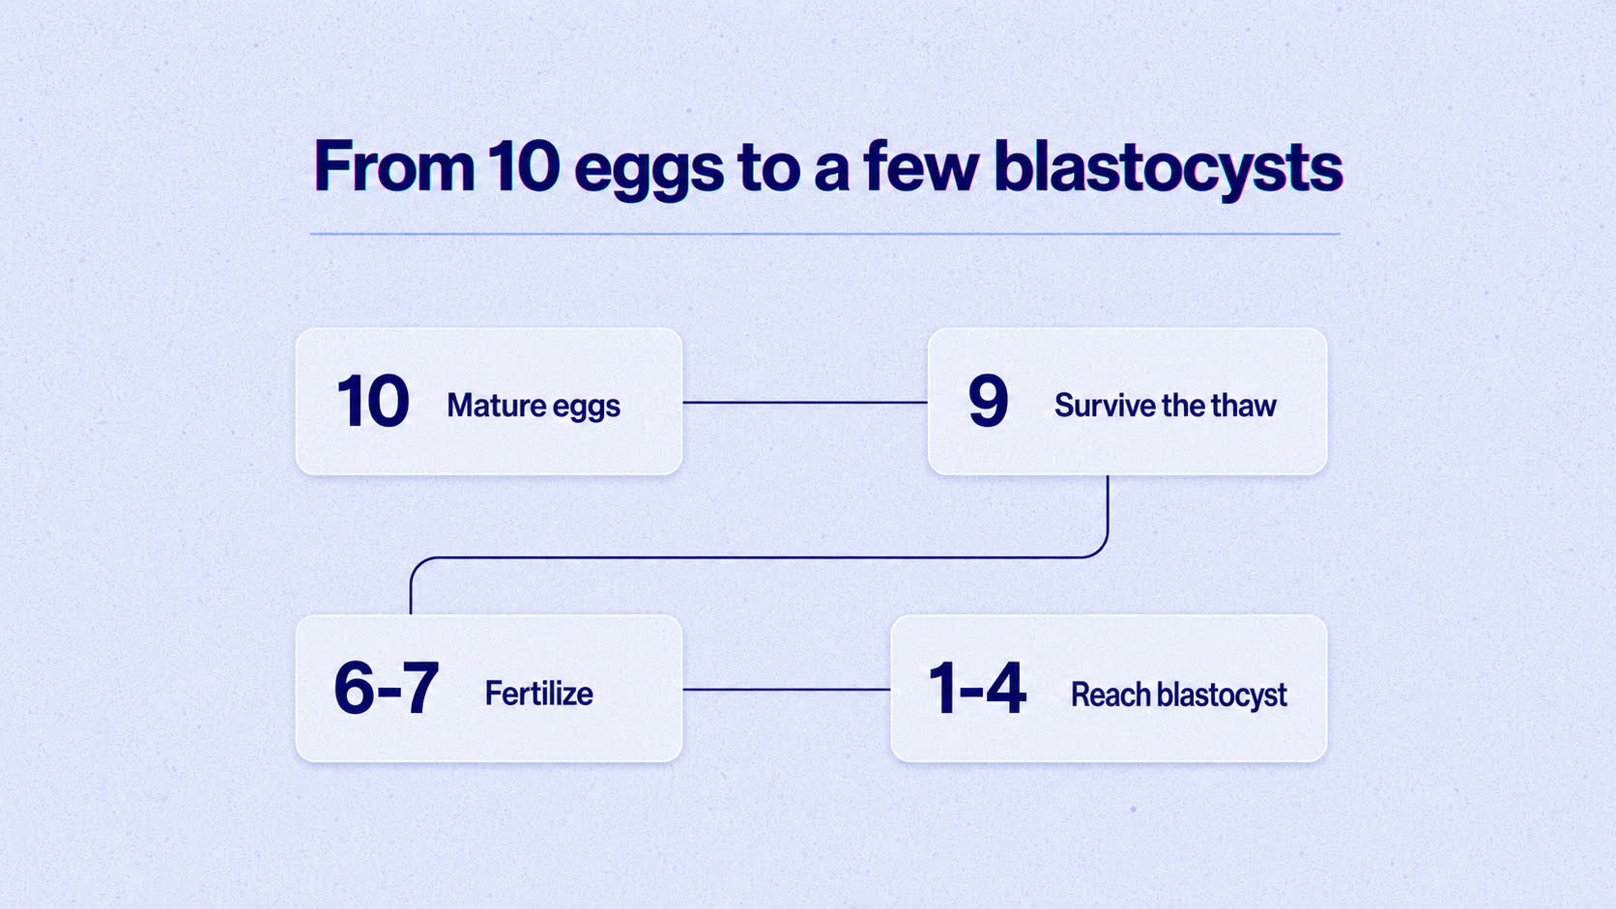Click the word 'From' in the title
[x=394, y=166]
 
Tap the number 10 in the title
[x=524, y=166]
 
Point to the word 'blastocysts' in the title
[x=1168, y=168]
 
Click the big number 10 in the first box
[x=373, y=402]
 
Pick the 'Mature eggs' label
[x=534, y=406]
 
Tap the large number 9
[x=988, y=401]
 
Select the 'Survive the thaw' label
[x=1165, y=405]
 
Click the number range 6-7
[x=386, y=688]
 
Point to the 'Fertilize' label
[x=539, y=694]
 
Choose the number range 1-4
[x=977, y=689]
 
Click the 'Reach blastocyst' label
[x=1179, y=695]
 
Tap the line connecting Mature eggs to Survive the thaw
[x=805, y=402]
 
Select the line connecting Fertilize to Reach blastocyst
[x=787, y=689]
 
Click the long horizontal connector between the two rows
[x=759, y=557]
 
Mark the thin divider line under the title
[x=825, y=234]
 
